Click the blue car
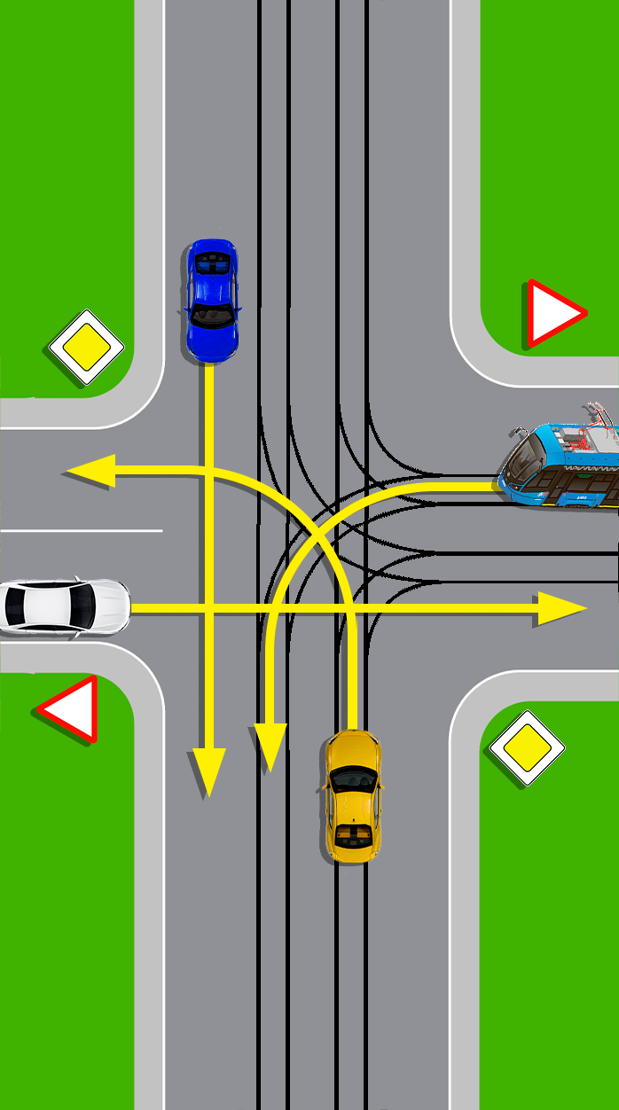[212, 300]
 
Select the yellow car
[352, 796]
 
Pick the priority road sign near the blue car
[86, 347]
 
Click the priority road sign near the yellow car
[528, 748]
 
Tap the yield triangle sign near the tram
[552, 313]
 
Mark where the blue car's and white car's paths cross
[209, 608]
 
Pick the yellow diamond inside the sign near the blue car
[86, 347]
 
